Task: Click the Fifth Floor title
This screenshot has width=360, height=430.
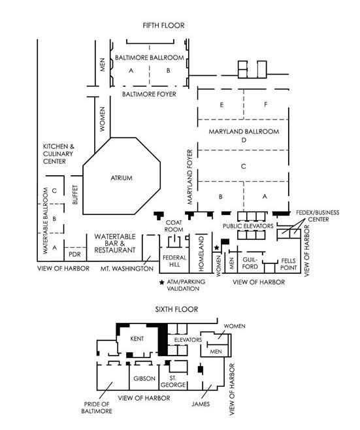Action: (x=163, y=25)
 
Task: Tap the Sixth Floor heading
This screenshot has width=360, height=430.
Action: (x=176, y=309)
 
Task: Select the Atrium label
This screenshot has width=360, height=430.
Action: (x=122, y=178)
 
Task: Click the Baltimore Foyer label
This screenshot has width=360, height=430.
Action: (x=149, y=94)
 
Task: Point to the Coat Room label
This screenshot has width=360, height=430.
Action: (x=174, y=226)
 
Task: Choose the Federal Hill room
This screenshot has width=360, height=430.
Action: (x=174, y=261)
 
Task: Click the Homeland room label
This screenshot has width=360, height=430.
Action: (x=201, y=254)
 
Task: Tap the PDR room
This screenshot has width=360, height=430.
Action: (x=74, y=254)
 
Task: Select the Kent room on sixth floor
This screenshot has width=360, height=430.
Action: (x=137, y=339)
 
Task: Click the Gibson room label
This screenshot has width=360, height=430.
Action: (x=144, y=379)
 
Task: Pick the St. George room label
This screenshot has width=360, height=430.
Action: (x=173, y=382)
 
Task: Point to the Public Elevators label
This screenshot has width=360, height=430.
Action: (x=248, y=226)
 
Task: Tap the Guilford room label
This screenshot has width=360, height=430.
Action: (x=250, y=263)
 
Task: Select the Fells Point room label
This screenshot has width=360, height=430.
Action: (x=288, y=264)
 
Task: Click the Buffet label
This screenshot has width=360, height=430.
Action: (x=75, y=195)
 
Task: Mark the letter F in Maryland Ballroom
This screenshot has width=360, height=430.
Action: (x=265, y=105)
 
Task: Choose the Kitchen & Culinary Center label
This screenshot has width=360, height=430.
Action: (x=58, y=154)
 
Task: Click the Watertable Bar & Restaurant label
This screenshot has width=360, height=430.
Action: (x=115, y=243)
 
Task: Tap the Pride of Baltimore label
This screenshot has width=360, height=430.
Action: (x=97, y=408)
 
